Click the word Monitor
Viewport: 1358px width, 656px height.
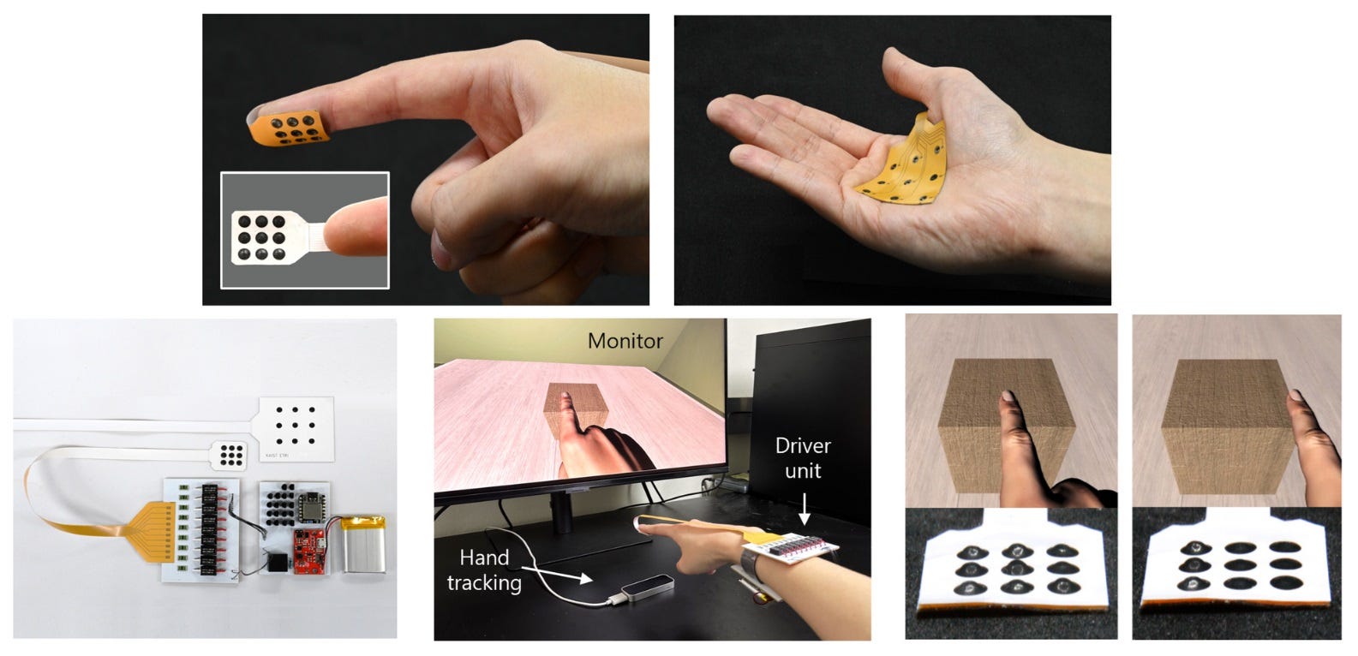[625, 341]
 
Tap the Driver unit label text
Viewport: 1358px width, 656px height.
[803, 458]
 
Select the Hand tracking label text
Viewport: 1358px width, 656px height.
[484, 570]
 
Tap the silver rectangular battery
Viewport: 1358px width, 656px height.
[363, 544]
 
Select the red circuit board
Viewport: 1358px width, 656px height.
[309, 551]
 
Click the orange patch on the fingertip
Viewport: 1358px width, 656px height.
[289, 128]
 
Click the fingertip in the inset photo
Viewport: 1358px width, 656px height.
[357, 228]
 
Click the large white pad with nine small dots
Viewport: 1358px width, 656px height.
[296, 429]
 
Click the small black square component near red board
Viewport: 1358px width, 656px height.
[277, 564]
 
